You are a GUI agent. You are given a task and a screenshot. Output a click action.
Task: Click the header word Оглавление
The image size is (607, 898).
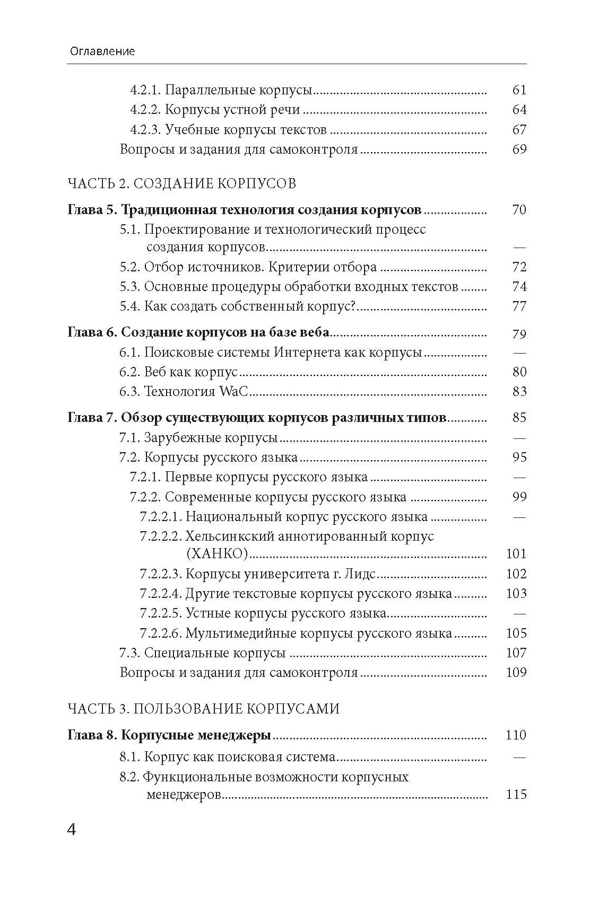click(102, 51)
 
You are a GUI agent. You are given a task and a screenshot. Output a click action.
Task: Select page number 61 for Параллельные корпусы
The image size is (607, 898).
click(519, 90)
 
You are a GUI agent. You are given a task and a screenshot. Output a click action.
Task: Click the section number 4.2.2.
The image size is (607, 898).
click(145, 110)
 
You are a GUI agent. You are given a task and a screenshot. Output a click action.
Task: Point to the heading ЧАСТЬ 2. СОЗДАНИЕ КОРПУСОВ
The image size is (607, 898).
click(182, 183)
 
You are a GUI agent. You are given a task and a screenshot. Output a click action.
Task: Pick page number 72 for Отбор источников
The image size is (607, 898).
click(519, 267)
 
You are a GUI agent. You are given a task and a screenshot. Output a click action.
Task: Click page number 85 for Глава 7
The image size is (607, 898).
click(519, 418)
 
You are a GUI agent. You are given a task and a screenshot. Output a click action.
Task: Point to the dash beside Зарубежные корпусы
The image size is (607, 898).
click(519, 438)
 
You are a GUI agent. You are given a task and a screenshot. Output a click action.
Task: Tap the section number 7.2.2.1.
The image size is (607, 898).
click(161, 517)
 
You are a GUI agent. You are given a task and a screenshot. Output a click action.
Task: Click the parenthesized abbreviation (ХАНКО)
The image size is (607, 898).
click(217, 554)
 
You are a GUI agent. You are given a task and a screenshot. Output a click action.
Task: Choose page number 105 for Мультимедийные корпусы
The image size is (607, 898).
click(516, 633)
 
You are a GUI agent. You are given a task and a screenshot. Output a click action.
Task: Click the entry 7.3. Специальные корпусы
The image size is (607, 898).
click(203, 653)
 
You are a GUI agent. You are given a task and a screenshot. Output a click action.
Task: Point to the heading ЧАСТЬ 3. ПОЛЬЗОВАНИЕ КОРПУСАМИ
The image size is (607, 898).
click(204, 709)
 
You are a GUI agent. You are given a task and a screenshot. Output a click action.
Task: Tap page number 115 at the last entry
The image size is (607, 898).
click(516, 795)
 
